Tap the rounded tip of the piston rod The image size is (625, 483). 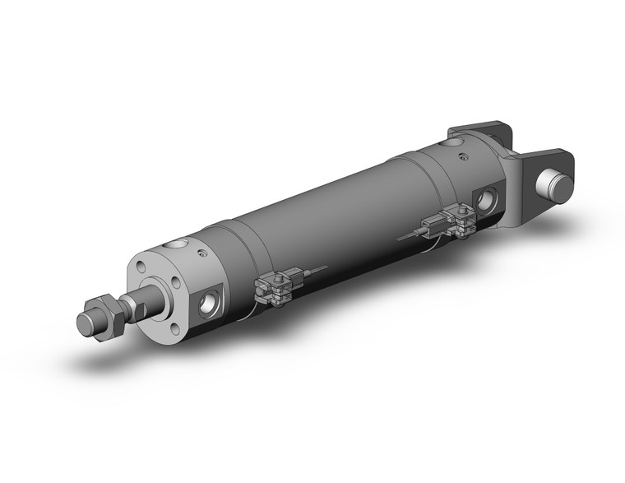[86, 320]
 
